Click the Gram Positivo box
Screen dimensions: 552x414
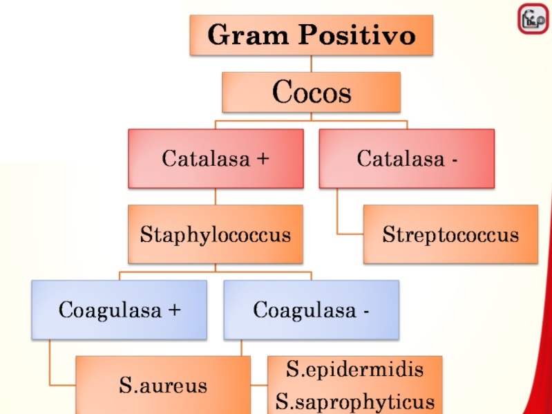tap(311, 35)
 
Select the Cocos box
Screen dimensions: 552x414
tap(311, 92)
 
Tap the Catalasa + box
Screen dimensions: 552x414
tap(216, 159)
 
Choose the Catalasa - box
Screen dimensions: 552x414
tap(406, 159)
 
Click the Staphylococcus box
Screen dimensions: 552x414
tap(216, 234)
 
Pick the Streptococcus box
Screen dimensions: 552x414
tap(450, 234)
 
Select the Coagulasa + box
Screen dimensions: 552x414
tap(119, 309)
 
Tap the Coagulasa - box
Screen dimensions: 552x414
tap(311, 309)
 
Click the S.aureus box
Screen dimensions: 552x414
tap(163, 385)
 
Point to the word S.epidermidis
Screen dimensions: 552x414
tap(354, 369)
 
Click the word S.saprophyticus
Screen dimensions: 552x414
tap(355, 401)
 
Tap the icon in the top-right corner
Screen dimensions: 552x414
tap(533, 19)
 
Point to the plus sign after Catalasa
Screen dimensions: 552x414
tap(263, 160)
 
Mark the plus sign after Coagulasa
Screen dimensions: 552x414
tap(174, 310)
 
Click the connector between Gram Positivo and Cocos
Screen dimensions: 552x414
tap(311, 64)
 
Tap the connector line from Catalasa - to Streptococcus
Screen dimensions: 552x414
tap(339, 214)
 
